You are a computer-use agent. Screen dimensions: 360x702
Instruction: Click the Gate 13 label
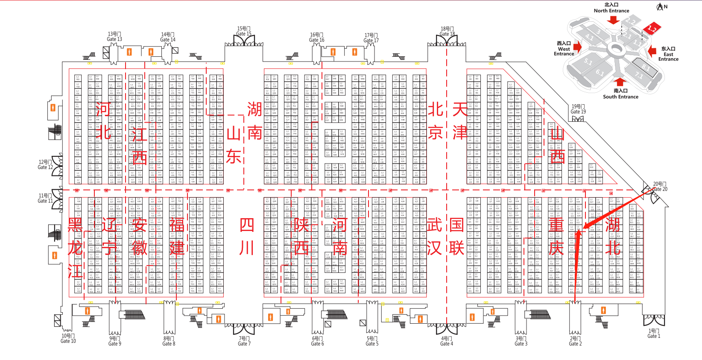pos(114,37)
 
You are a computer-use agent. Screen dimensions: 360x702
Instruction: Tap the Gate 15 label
pos(244,31)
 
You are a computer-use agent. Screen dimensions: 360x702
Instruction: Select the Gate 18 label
pos(447,32)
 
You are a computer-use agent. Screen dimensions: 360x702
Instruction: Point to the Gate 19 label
pos(578,109)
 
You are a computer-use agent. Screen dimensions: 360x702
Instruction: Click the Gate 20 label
pos(660,187)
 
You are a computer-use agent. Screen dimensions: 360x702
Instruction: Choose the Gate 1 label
pos(654,334)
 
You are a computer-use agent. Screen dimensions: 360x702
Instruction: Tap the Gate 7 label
pos(244,341)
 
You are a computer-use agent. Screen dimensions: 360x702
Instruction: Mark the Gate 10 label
pos(68,338)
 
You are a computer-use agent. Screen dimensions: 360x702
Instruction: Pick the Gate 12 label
pos(45,165)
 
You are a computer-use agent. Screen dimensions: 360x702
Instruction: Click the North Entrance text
pos(611,8)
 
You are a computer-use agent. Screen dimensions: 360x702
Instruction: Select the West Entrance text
pos(564,49)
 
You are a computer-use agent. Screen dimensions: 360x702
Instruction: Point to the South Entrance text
pos(620,94)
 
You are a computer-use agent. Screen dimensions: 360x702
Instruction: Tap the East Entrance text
pos(668,54)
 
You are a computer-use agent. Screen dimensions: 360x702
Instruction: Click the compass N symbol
pos(662,6)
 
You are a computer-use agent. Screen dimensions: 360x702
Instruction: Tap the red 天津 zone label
pos(460,121)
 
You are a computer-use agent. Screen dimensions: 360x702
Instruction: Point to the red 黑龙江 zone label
pos(75,248)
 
